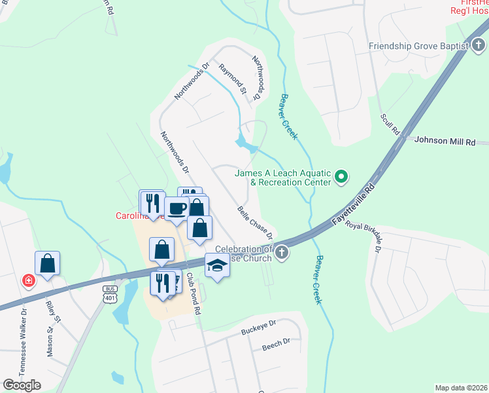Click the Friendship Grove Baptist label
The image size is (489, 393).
click(418, 46)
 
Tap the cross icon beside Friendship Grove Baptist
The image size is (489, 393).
click(479, 46)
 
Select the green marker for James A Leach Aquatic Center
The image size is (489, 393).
click(341, 177)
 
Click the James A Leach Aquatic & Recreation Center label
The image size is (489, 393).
click(283, 178)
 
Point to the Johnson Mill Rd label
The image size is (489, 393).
click(443, 141)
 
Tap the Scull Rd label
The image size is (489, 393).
click(390, 124)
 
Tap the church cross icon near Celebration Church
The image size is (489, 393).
click(282, 252)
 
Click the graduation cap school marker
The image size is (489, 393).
click(217, 265)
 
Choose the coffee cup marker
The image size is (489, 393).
click(177, 209)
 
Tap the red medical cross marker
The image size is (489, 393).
click(29, 281)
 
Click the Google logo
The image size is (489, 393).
click(22, 385)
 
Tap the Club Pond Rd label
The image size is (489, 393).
click(193, 294)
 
